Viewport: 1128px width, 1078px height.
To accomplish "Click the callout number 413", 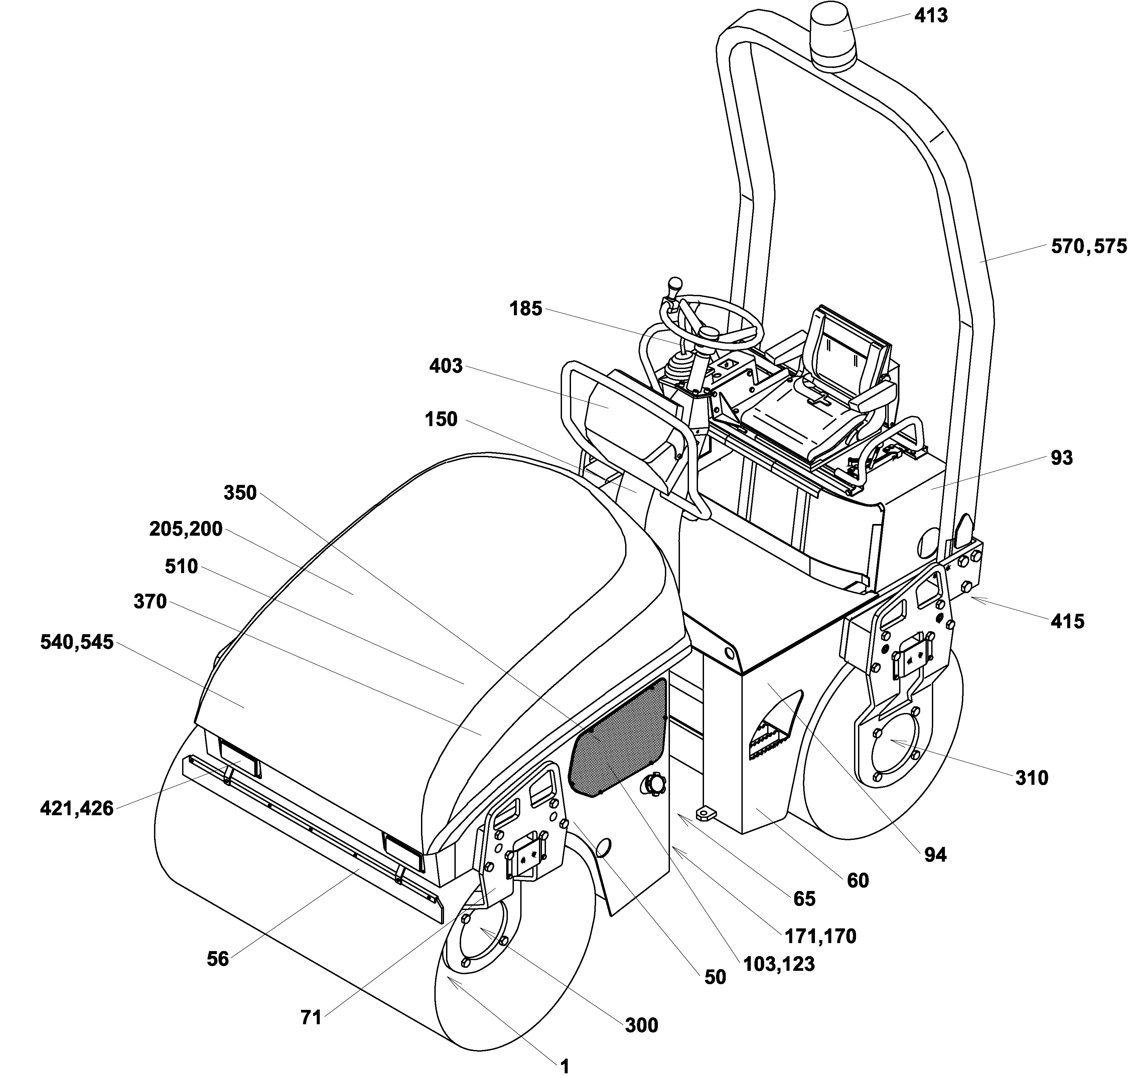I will (930, 15).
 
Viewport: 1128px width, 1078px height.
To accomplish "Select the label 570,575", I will (1088, 247).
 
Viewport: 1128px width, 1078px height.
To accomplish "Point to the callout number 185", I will (526, 309).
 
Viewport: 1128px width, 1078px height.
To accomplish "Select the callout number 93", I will (1061, 458).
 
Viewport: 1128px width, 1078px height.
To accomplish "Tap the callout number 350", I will (240, 493).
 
